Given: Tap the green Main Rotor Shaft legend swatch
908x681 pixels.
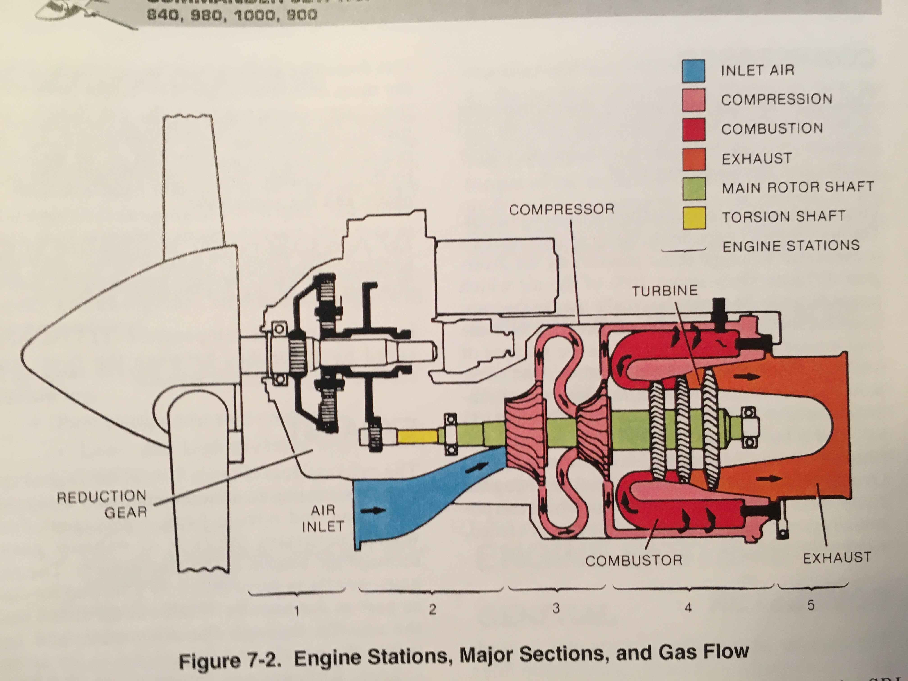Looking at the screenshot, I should click(x=694, y=188).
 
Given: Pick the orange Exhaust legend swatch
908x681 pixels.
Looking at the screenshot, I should click(x=694, y=159).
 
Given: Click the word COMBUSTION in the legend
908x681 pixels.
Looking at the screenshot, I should click(x=772, y=129).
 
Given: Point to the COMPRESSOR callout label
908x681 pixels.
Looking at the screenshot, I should click(x=562, y=210).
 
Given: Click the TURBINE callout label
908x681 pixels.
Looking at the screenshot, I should click(x=665, y=291).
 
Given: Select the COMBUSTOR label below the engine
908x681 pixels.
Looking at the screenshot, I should click(x=634, y=560).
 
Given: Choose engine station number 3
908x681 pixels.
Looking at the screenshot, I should click(x=556, y=608).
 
